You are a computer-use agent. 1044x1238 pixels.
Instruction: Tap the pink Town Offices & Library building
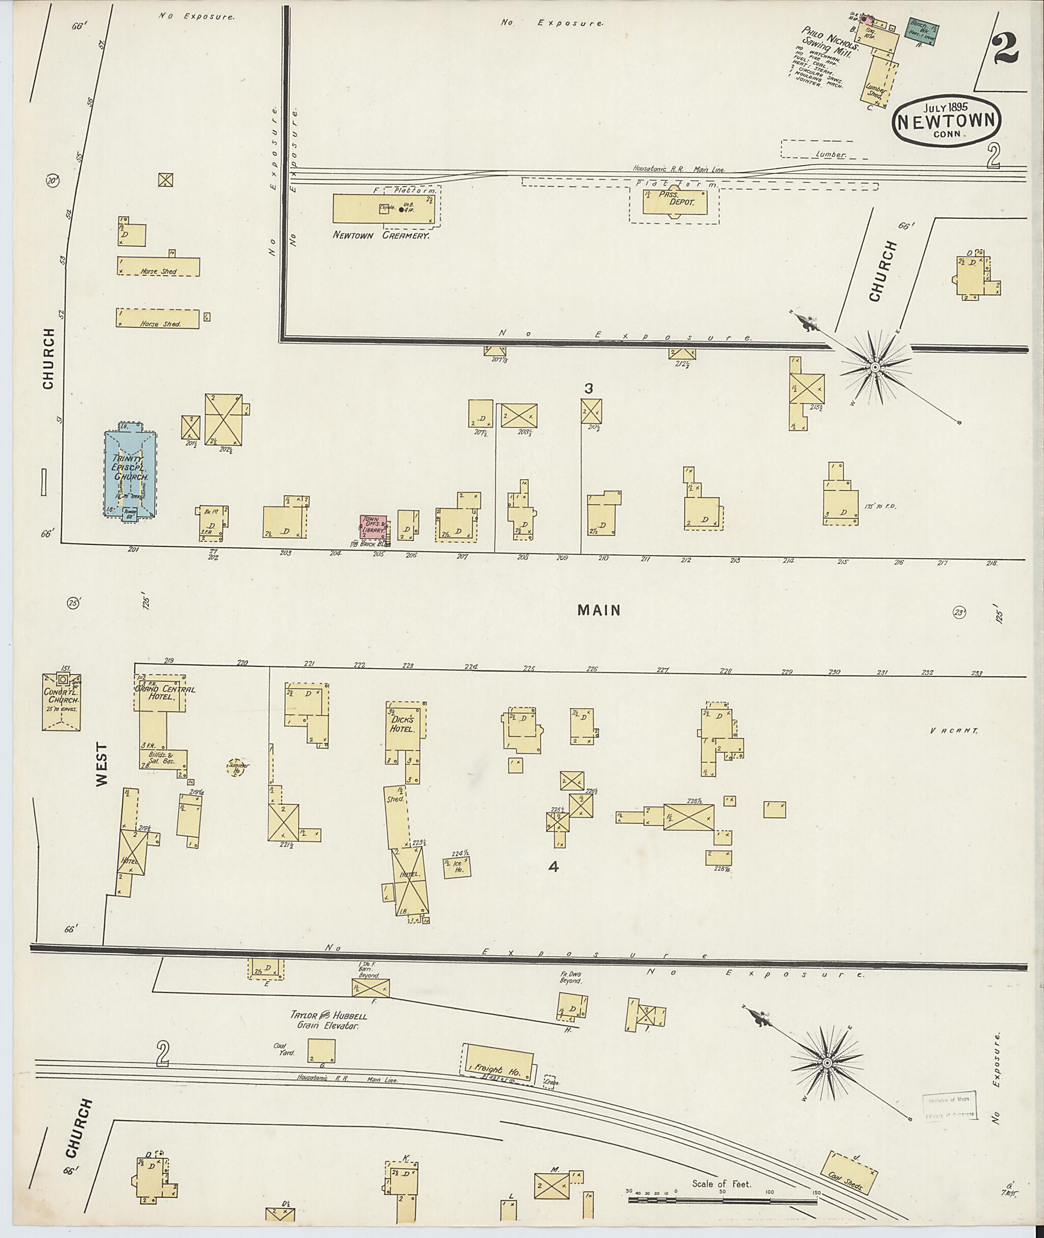point(374,526)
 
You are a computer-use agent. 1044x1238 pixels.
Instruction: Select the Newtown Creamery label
point(381,235)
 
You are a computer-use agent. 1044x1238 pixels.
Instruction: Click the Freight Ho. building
point(499,1066)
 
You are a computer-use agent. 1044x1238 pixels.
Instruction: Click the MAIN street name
point(599,610)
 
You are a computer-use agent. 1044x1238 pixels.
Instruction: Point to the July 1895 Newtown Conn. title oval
point(949,121)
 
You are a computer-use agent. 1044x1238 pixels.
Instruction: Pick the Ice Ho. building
point(457,868)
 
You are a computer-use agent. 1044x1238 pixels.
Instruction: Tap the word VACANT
point(953,731)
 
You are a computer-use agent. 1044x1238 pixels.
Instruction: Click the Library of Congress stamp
point(949,1106)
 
